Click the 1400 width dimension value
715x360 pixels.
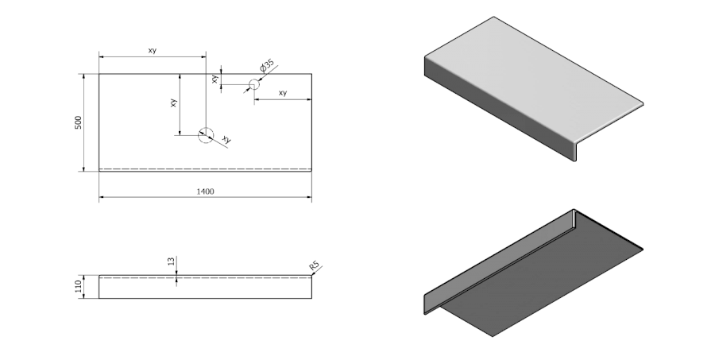tap(206, 192)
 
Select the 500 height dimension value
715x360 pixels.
tap(78, 123)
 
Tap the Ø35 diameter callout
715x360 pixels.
tap(268, 65)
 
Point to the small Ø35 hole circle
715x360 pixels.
tap(254, 83)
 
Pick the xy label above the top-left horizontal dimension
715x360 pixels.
tap(152, 51)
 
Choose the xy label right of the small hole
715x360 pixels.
tap(283, 93)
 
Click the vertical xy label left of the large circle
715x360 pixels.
tap(174, 103)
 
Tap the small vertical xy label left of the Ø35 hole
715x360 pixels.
tap(214, 78)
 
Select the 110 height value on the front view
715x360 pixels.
tap(78, 287)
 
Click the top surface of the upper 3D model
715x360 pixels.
tap(532, 72)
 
